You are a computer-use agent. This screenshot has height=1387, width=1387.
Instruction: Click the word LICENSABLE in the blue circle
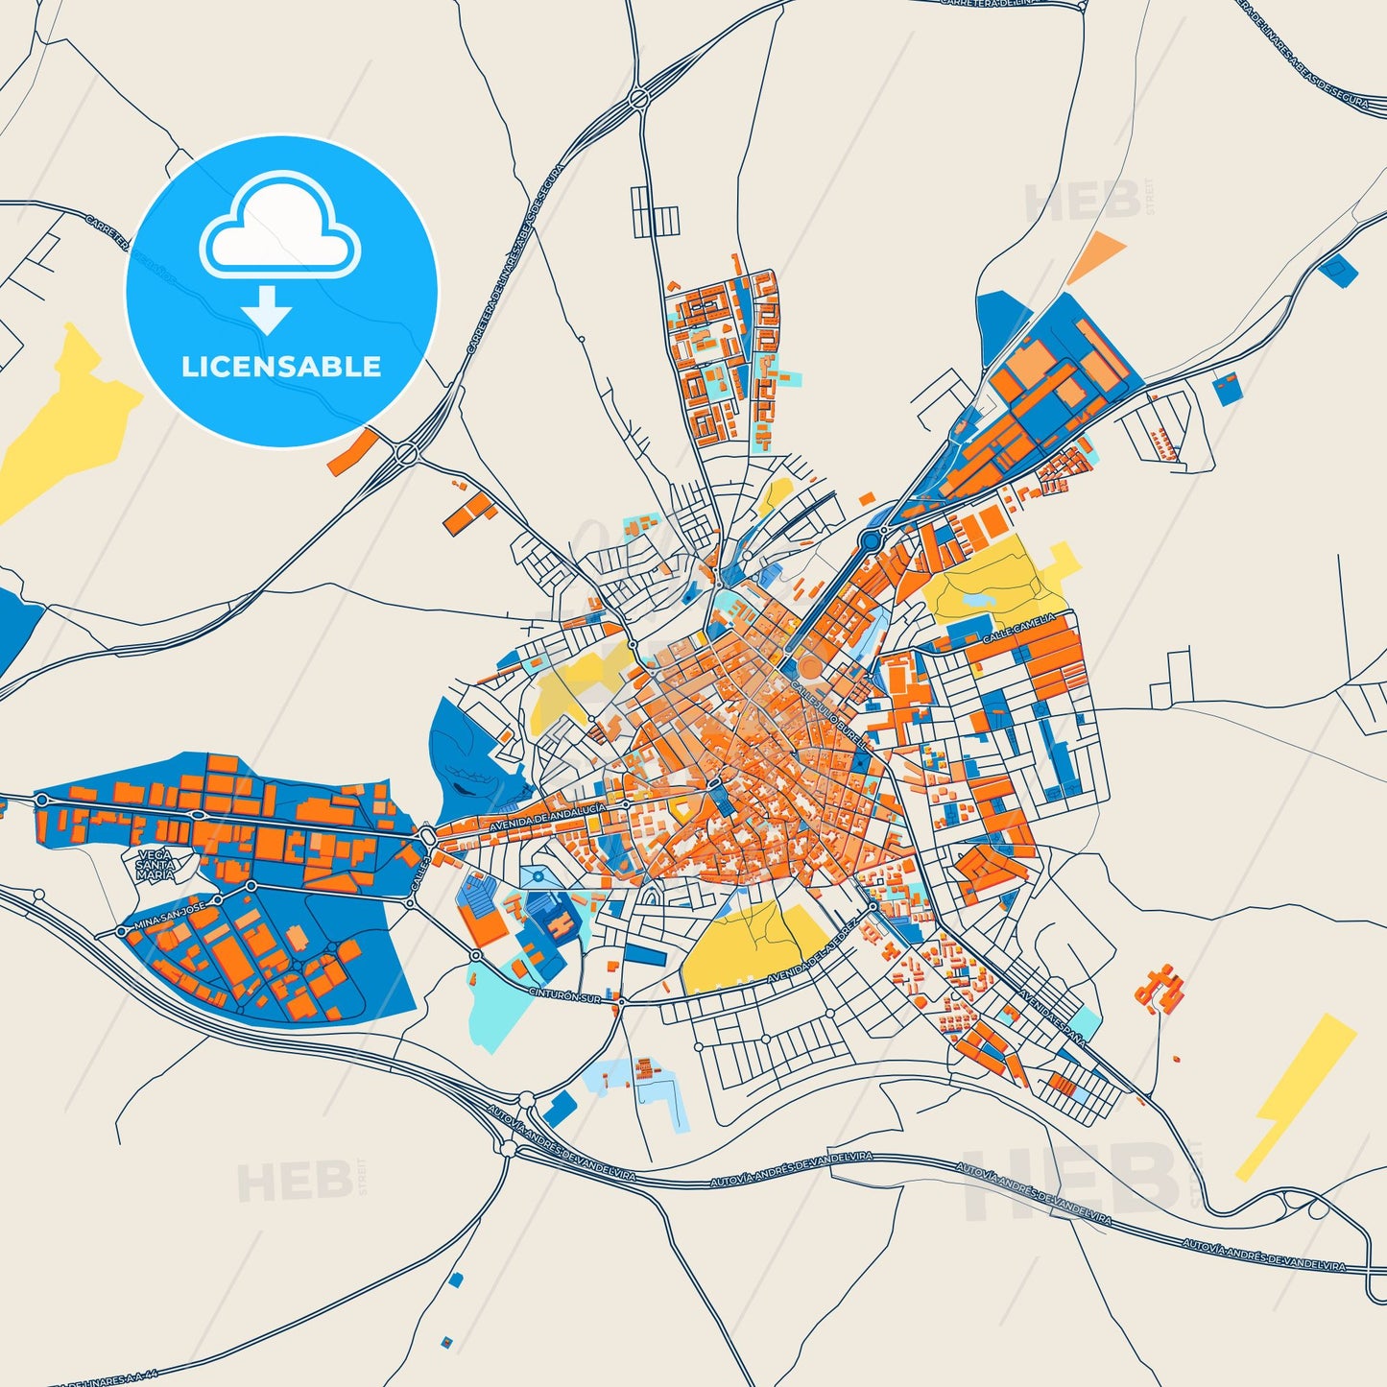[x=281, y=367]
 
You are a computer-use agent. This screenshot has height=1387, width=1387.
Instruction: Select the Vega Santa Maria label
[x=155, y=865]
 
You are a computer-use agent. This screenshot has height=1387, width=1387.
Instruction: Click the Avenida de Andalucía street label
[x=547, y=817]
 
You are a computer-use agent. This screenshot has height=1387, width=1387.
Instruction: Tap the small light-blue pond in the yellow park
[x=974, y=599]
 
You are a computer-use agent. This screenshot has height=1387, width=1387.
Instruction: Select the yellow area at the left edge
[x=58, y=422]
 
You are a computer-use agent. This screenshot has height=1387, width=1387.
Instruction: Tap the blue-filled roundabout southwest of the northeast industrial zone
[x=871, y=539]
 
